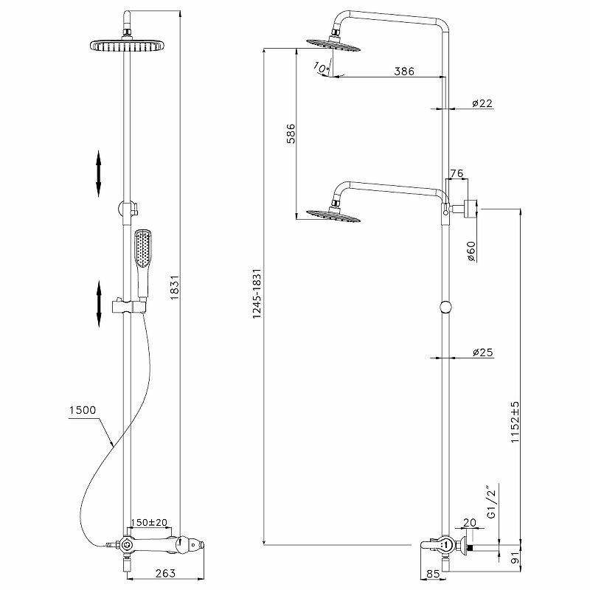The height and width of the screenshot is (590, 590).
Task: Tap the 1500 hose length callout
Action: coord(83,410)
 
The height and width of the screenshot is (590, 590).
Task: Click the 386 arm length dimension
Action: coord(403,72)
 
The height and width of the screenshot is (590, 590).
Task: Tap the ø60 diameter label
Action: coord(472,251)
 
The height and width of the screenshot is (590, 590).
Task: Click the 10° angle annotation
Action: coord(321,68)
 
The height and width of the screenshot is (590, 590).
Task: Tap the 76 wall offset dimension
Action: coord(457,173)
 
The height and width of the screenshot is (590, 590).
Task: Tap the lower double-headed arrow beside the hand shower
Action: coord(98,303)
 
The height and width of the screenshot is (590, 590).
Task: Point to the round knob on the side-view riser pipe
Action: coord(445,308)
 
